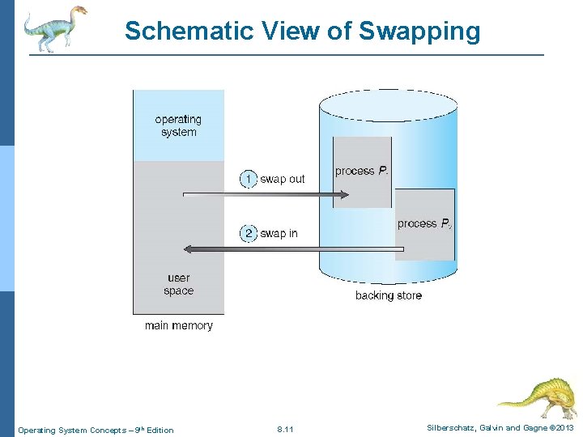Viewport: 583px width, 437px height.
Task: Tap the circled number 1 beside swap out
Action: [x=249, y=179]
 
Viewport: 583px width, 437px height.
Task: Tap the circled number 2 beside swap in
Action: [x=249, y=233]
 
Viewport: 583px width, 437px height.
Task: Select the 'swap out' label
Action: [x=283, y=179]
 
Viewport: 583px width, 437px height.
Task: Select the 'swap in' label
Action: [x=279, y=233]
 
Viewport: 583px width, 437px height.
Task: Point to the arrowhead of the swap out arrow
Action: [x=344, y=194]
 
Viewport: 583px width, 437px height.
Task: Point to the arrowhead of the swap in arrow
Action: [x=188, y=248]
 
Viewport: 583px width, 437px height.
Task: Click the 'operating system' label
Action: [x=178, y=125]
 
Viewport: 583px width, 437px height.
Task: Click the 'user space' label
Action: [x=178, y=284]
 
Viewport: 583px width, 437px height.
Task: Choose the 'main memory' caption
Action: [x=178, y=325]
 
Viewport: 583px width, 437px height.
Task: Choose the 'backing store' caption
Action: [x=389, y=295]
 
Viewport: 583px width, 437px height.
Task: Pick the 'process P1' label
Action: [x=361, y=171]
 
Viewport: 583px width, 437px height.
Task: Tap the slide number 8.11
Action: [x=285, y=429]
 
